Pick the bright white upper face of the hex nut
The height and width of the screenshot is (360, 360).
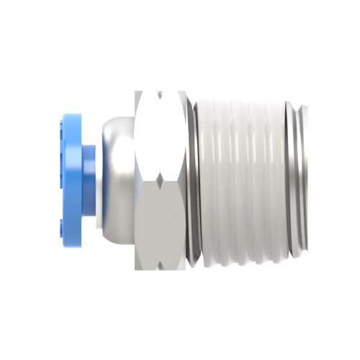[159, 137]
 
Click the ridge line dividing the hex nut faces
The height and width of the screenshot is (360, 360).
[159, 180]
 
